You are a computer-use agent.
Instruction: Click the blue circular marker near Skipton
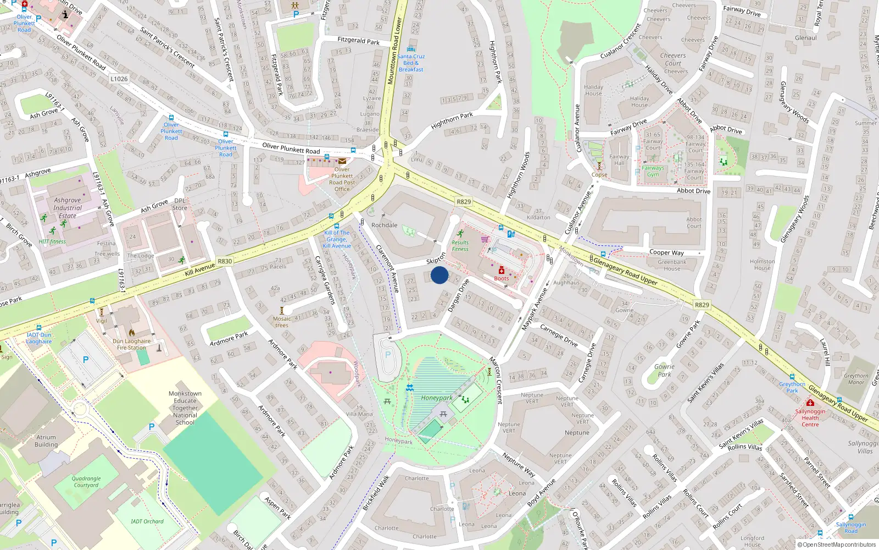click(439, 275)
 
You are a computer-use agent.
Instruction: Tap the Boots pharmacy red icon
click(502, 270)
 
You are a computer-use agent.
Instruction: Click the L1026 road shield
click(119, 79)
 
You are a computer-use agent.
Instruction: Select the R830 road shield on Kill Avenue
click(225, 261)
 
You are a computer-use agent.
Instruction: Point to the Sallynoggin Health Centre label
click(810, 417)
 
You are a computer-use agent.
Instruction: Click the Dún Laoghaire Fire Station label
click(132, 344)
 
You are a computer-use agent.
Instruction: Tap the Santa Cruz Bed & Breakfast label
click(411, 63)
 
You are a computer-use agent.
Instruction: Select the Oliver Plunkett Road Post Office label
click(342, 179)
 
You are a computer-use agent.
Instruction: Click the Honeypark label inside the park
click(437, 398)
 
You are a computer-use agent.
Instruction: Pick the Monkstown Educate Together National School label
click(185, 408)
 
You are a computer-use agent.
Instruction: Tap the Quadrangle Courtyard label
click(86, 482)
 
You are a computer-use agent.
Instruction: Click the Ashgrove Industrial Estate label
click(68, 208)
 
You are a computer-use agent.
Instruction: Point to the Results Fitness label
click(460, 245)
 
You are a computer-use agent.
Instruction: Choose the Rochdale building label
click(385, 225)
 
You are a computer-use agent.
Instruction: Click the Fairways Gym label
click(653, 171)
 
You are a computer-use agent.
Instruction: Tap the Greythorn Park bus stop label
click(792, 387)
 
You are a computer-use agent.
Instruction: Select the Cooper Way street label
click(666, 252)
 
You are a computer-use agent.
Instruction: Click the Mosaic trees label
click(282, 322)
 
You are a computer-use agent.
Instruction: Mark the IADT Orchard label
click(147, 521)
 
